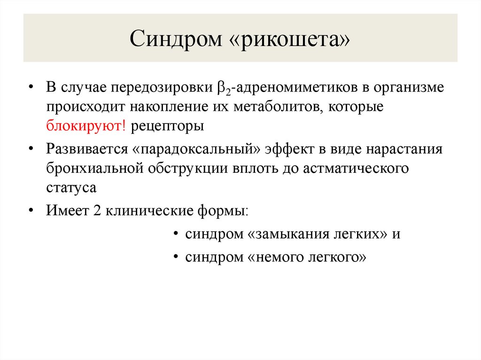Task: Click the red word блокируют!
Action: point(87,126)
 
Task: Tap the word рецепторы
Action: point(167,126)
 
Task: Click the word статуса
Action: point(71,187)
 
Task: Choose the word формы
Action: point(225,210)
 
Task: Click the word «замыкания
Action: point(281,233)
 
